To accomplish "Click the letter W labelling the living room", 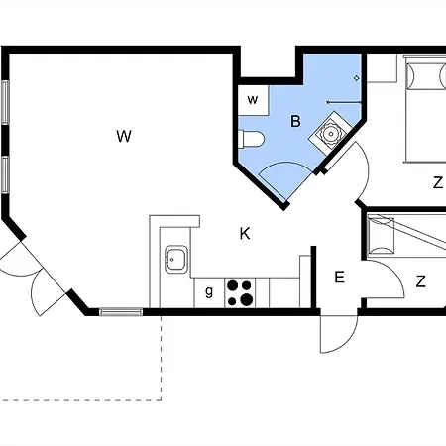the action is pyautogui.click(x=124, y=136).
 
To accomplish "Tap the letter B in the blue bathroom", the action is pyautogui.click(x=295, y=121).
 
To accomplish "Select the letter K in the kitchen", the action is pyautogui.click(x=245, y=234).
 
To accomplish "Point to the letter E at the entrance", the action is pyautogui.click(x=339, y=277).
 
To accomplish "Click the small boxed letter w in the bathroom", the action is pyautogui.click(x=253, y=99).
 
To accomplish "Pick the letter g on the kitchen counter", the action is pyautogui.click(x=209, y=291).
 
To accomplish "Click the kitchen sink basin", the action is pyautogui.click(x=176, y=259).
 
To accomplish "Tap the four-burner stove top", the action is pyautogui.click(x=240, y=292).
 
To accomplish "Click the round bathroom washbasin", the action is pyautogui.click(x=330, y=134).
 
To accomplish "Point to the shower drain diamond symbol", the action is pyautogui.click(x=356, y=78).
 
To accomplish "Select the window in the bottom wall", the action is pyautogui.click(x=121, y=311).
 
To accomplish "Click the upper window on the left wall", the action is pyautogui.click(x=5, y=102).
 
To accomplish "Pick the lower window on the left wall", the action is pyautogui.click(x=5, y=174).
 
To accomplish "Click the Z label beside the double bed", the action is pyautogui.click(x=438, y=182).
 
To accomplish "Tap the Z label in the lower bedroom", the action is pyautogui.click(x=420, y=281).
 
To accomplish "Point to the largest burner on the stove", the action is pyautogui.click(x=246, y=300).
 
